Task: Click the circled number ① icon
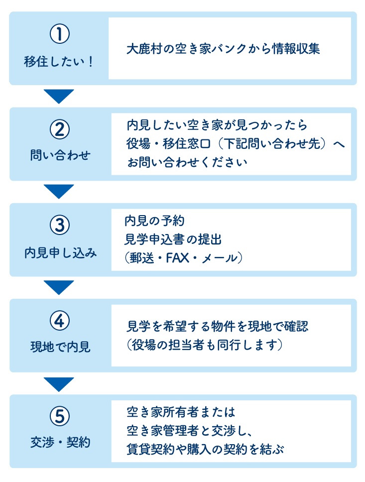pos(60,34)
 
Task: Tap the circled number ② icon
pos(60,129)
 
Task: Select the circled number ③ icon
pos(60,226)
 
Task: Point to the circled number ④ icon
pos(60,321)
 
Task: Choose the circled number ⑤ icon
pos(60,417)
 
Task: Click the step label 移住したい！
pos(58,61)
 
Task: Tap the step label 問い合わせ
pos(60,155)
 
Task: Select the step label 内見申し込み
pos(61,252)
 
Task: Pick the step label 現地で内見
pos(60,347)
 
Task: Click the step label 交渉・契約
pos(60,442)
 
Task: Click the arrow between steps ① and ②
pos(59,96)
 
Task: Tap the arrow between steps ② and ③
pos(59,192)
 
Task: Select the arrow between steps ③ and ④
pos(59,287)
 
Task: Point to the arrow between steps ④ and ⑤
pos(59,384)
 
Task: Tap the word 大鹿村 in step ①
pos(144,49)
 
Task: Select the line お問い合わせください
pos(187,162)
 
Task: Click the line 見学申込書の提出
pos(173,239)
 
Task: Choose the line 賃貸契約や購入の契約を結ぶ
pos(205,449)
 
